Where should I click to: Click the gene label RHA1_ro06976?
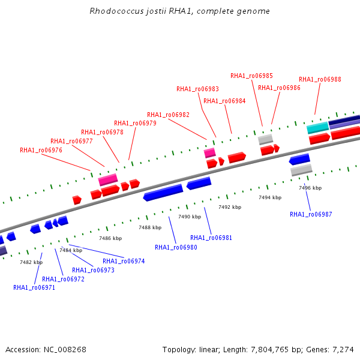pos(41,150)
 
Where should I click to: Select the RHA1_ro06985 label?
pos(251,76)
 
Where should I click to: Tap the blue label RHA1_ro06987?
pos(311,214)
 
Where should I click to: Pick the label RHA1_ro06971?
pos(34,287)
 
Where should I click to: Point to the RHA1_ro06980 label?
pos(176,247)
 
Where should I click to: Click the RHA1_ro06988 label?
pos(320,79)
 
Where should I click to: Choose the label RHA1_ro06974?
pos(124,261)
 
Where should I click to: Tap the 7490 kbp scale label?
pos(190,217)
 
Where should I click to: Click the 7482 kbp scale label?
pos(31,262)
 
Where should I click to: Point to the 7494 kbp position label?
pos(270,197)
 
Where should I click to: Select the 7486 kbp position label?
pos(110,238)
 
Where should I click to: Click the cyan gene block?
pos(318,128)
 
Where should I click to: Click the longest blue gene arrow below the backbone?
pos(163,193)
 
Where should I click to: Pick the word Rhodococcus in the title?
pos(116,11)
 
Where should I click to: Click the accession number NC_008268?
pos(65,350)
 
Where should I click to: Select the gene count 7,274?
pos(343,350)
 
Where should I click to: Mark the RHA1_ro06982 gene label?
pos(168,115)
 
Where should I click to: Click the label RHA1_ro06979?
pos(135,123)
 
